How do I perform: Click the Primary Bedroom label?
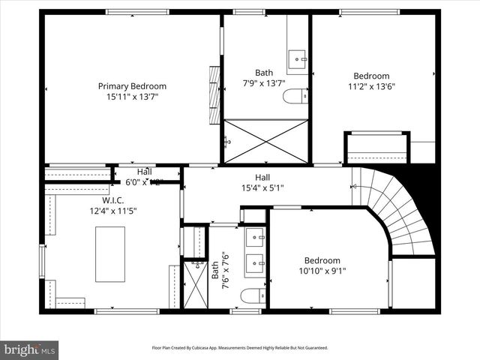(x=132, y=86)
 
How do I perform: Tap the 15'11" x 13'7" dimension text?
(x=132, y=97)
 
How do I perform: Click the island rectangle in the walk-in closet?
(x=109, y=253)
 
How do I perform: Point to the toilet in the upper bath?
(x=296, y=95)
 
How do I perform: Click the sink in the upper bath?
(x=298, y=58)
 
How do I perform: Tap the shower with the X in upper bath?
(x=266, y=140)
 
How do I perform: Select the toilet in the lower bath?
(x=253, y=295)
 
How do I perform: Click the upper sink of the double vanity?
(x=256, y=240)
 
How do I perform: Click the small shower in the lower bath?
(x=196, y=284)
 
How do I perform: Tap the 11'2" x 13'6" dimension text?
(x=371, y=86)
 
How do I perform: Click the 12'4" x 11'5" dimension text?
(x=112, y=211)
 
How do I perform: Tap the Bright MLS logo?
(x=30, y=349)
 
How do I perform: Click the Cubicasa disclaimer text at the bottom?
(x=239, y=348)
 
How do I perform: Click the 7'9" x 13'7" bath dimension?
(x=264, y=83)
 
